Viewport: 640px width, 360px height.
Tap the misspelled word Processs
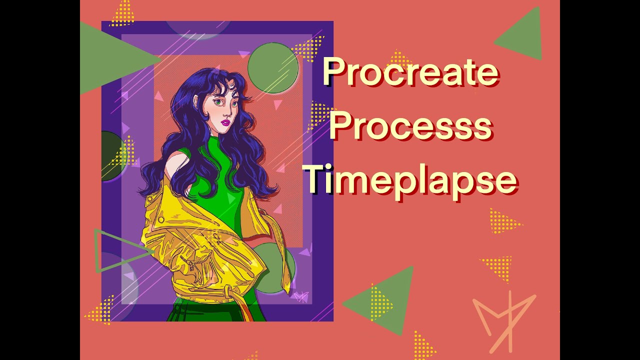410,126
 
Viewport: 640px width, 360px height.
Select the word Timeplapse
410,180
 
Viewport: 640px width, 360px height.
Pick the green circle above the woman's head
273,68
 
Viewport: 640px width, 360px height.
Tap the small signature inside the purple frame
301,297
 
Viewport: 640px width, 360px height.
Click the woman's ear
196,103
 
